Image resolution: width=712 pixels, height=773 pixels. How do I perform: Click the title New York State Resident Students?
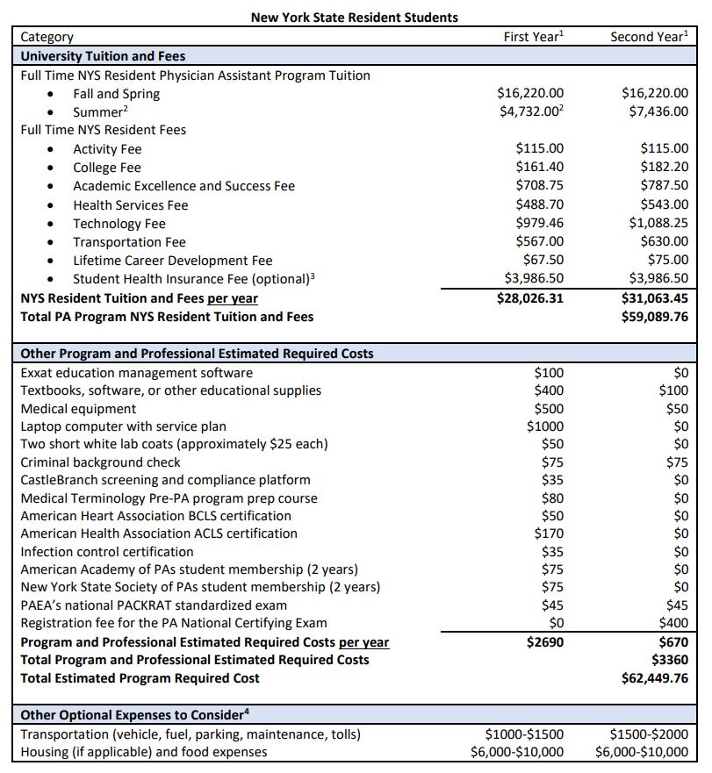pyautogui.click(x=355, y=17)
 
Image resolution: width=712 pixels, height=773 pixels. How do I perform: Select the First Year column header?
pyautogui.click(x=533, y=37)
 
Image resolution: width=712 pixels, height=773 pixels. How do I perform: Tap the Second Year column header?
pyautogui.click(x=649, y=37)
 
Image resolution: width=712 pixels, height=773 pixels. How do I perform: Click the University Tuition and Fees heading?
pyautogui.click(x=103, y=56)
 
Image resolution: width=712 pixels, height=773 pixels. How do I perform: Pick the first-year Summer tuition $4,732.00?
pyautogui.click(x=531, y=112)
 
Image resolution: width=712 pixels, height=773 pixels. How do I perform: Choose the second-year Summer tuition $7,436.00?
pyautogui.click(x=655, y=112)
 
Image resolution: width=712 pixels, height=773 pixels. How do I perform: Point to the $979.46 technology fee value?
pyautogui.click(x=540, y=223)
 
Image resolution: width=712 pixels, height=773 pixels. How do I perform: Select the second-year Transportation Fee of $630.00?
pyautogui.click(x=665, y=241)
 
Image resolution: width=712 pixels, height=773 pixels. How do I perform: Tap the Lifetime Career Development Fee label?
pyautogui.click(x=172, y=261)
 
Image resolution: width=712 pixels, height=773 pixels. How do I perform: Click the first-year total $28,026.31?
pyautogui.click(x=530, y=298)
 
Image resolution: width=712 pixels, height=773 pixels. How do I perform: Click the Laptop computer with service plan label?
pyautogui.click(x=123, y=426)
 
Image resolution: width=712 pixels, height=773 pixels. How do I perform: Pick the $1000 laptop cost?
pyautogui.click(x=545, y=426)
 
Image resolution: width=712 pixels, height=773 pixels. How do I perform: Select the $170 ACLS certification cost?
pyautogui.click(x=550, y=533)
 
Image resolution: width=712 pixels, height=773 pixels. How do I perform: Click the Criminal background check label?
pyautogui.click(x=100, y=462)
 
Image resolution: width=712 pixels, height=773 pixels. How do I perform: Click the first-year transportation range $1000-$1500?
pyautogui.click(x=525, y=734)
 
